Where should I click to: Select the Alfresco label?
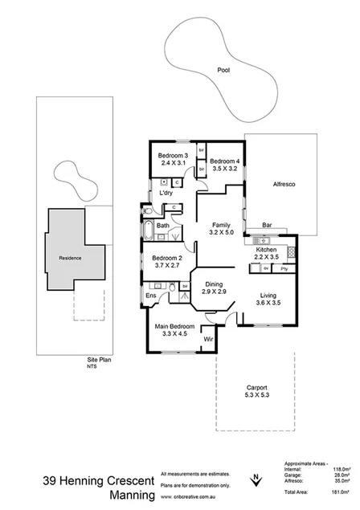284,186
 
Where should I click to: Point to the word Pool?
223,70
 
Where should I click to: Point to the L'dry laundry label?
166,194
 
